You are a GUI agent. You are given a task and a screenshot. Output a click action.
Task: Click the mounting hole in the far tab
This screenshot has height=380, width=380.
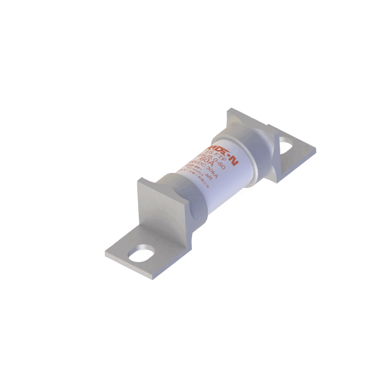point(287,143)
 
